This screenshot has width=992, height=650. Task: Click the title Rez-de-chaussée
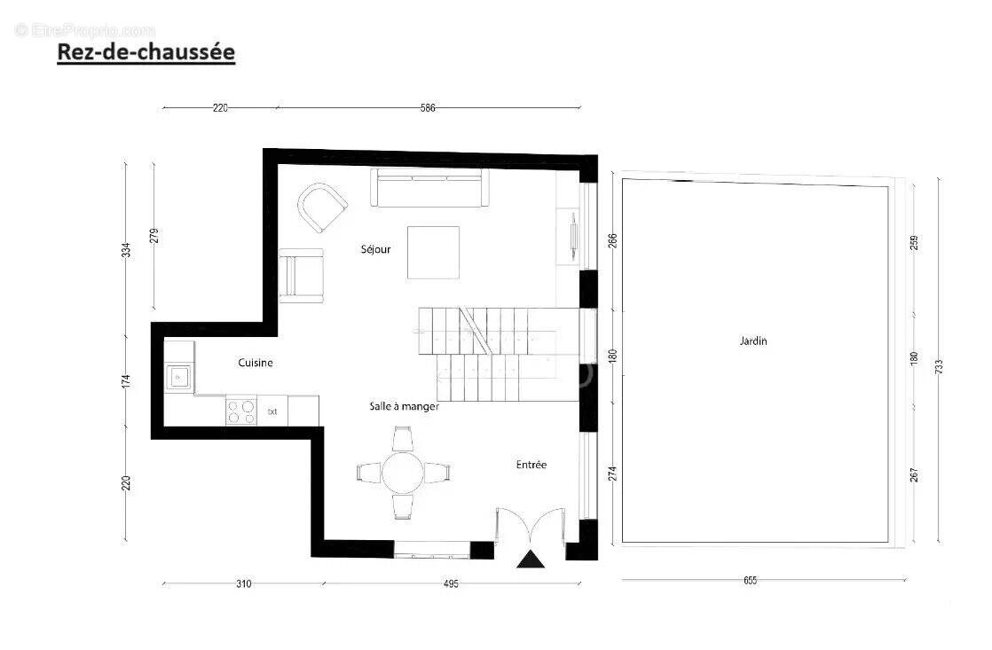pos(146,52)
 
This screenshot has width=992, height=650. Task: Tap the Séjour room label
pos(375,249)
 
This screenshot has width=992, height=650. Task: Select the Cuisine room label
pos(256,363)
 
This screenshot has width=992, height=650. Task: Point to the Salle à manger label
pos(405,406)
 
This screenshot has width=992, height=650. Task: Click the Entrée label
pos(531,465)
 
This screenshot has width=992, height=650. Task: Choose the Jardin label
pos(753,341)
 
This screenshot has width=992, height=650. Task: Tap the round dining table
pos(404,473)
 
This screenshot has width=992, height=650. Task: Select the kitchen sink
pos(178,378)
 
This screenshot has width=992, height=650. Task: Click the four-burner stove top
pos(240,411)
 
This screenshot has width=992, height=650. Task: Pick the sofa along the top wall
pos(430,187)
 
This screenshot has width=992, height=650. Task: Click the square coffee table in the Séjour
pos(434,253)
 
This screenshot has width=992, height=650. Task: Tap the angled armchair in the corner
pos(321,207)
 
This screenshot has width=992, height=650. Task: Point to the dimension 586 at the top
pos(429,108)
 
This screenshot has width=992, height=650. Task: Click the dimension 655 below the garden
pos(750,581)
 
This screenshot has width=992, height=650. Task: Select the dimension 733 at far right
pos(941,364)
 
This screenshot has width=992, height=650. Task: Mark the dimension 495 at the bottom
pos(451,583)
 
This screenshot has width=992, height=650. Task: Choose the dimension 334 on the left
pos(127,250)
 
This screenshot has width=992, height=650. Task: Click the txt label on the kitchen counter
pos(273,411)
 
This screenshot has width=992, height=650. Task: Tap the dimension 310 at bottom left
pos(244,583)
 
